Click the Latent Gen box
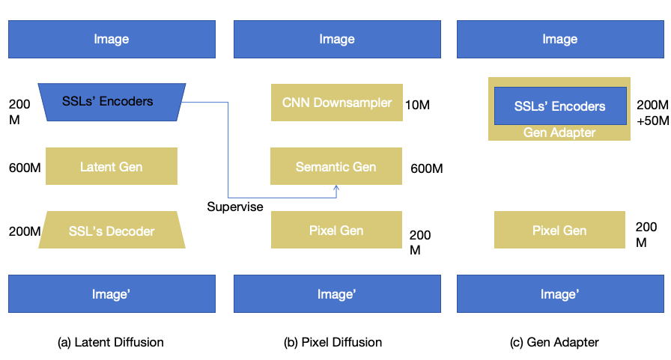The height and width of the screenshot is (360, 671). [x=111, y=166]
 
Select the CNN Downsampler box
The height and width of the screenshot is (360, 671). [x=336, y=103]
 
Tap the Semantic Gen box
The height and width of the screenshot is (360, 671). [x=336, y=166]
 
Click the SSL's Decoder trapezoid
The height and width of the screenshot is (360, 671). [x=112, y=231]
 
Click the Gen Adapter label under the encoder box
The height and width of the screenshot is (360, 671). [x=559, y=132]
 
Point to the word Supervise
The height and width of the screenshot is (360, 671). [x=235, y=207]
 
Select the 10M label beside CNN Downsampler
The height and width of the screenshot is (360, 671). [x=417, y=104]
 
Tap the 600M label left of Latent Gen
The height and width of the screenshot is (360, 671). [x=25, y=167]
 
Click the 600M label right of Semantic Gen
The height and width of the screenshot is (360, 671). [x=426, y=168]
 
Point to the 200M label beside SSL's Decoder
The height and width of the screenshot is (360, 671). [x=24, y=231]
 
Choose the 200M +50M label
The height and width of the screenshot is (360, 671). [x=651, y=113]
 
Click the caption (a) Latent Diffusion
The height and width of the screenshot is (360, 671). [x=110, y=342]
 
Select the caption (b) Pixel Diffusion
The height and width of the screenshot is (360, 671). [x=333, y=342]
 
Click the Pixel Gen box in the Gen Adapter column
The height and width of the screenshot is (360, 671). [x=559, y=231]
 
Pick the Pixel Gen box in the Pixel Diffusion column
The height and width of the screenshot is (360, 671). [x=336, y=230]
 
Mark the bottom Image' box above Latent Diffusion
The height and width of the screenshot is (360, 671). [x=112, y=294]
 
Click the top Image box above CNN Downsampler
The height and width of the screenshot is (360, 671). [x=336, y=39]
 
